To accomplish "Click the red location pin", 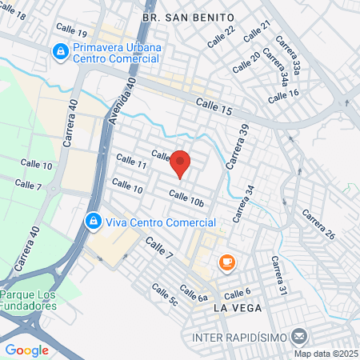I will [x=180, y=164].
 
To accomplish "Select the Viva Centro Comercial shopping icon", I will [x=93, y=220].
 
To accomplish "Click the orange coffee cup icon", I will [x=226, y=262].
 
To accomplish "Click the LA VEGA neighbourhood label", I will [x=239, y=307].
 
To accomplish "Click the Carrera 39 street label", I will [x=238, y=146].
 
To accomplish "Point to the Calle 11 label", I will [x=130, y=164].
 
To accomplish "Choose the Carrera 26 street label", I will [x=318, y=225].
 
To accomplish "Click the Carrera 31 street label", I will [x=278, y=276].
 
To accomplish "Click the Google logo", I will [x=26, y=350].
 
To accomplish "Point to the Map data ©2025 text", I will [x=325, y=354].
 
